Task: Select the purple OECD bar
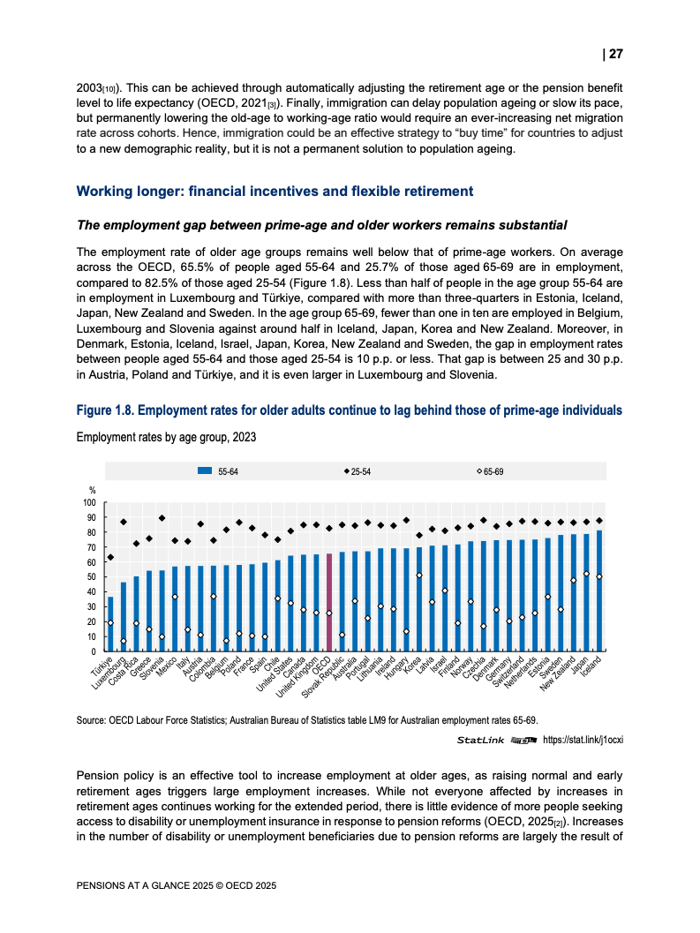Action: [329, 602]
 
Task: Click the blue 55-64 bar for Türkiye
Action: [110, 624]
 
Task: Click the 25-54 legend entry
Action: [358, 472]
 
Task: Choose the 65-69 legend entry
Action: [490, 472]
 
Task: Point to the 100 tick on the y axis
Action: [88, 503]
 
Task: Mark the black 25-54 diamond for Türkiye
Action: [110, 557]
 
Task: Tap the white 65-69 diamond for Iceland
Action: [599, 576]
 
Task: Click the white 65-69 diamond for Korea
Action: [419, 576]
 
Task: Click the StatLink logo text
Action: [481, 740]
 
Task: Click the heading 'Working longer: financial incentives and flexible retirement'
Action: [275, 192]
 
